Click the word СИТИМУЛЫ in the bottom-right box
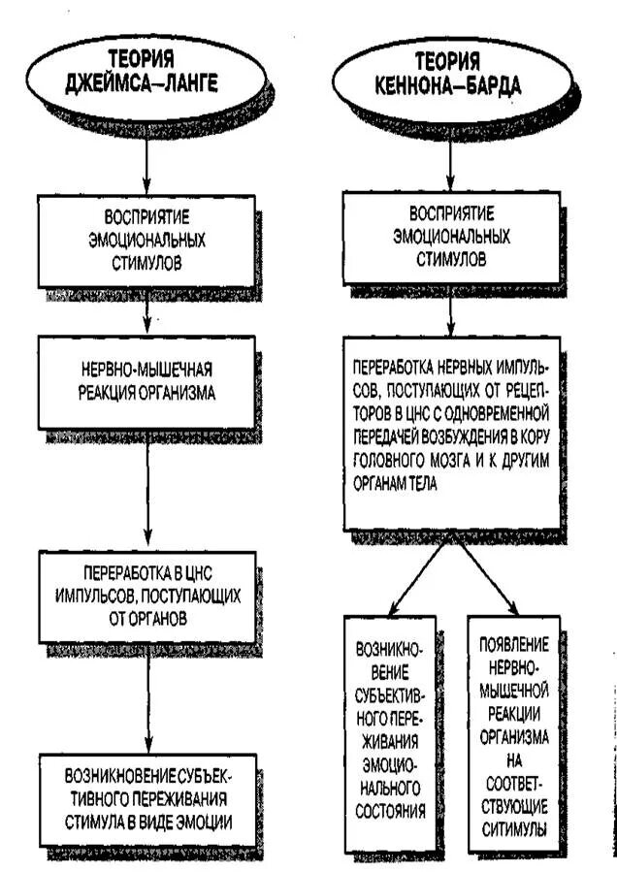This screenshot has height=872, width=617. (x=514, y=829)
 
